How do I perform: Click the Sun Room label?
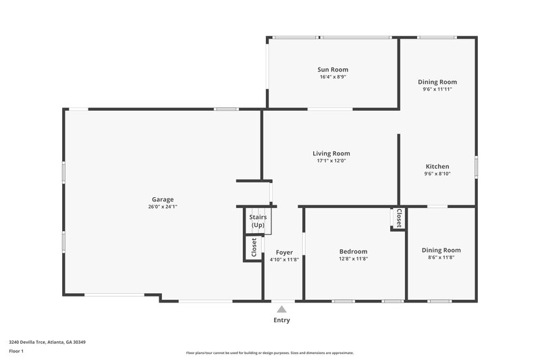(333, 70)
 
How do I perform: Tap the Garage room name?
(163, 199)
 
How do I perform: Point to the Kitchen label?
(437, 167)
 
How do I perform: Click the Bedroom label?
(353, 251)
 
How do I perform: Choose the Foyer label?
(284, 252)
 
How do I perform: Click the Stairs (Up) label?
(259, 221)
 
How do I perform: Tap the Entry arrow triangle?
(281, 309)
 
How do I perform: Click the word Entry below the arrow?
(281, 320)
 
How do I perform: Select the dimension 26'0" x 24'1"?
(163, 207)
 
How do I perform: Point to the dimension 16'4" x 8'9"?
(333, 77)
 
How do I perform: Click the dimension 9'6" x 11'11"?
(437, 89)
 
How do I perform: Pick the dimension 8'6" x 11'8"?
(441, 257)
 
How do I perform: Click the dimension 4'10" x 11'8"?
(284, 259)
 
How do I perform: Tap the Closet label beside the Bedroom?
(399, 217)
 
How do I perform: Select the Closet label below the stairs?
(254, 248)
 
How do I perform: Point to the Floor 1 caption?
(17, 351)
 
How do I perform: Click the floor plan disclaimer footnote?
(269, 353)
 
